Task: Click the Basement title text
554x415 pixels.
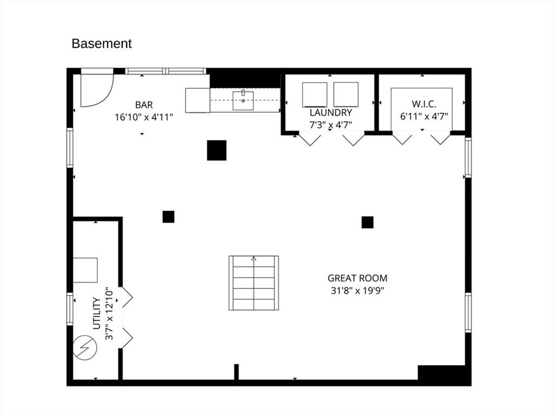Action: [101, 43]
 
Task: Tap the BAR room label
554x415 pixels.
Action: [144, 105]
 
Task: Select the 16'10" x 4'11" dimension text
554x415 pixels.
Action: [144, 117]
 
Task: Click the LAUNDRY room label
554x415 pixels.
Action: [331, 112]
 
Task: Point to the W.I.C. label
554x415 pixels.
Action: [424, 104]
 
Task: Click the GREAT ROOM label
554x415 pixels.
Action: [358, 278]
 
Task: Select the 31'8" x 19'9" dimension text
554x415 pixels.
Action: [358, 291]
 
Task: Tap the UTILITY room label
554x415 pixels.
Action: [97, 313]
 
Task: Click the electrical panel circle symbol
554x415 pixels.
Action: [85, 346]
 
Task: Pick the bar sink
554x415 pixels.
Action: [243, 101]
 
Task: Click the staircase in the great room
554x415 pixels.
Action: [254, 283]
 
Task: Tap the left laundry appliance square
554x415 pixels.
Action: [314, 95]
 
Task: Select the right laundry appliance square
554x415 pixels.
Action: [346, 95]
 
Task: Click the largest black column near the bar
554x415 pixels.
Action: [216, 150]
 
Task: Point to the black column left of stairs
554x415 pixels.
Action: [169, 217]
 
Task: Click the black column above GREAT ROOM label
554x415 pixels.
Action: [367, 222]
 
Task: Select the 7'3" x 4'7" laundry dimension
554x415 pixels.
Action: [331, 125]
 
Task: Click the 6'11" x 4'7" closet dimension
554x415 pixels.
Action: [424, 117]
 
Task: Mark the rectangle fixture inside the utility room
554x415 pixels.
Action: [85, 270]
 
